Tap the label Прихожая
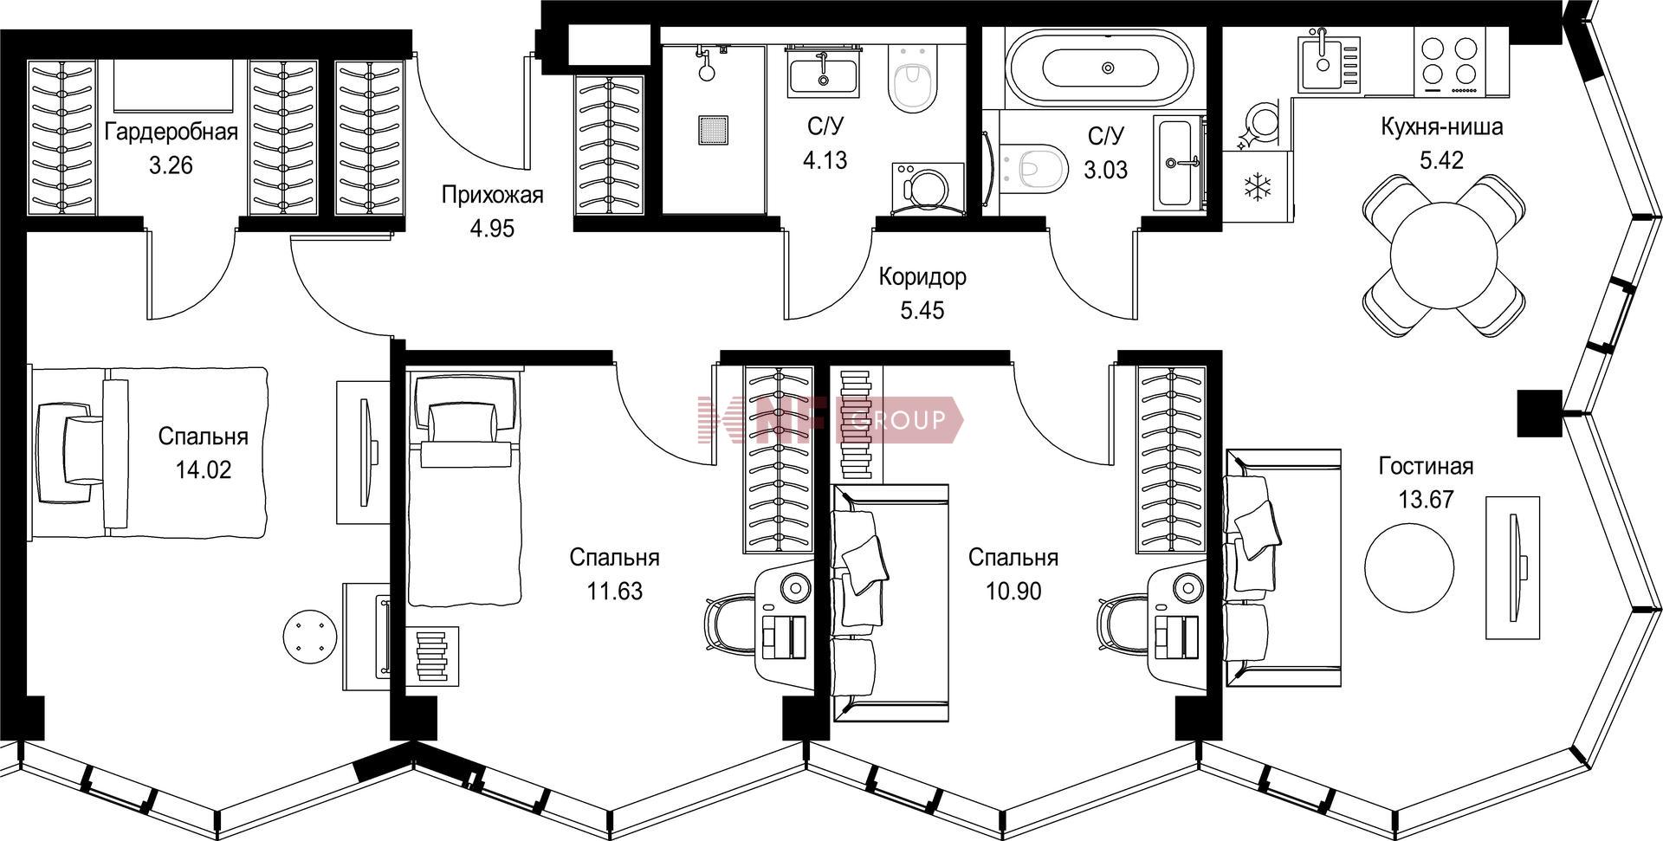492,195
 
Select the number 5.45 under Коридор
922,310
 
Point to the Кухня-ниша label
1441,127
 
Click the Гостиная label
1426,466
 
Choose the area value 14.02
204,469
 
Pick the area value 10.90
1013,591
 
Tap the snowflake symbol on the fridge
1255,188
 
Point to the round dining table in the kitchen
1443,256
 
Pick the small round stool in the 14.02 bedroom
309,637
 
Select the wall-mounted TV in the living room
1514,567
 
